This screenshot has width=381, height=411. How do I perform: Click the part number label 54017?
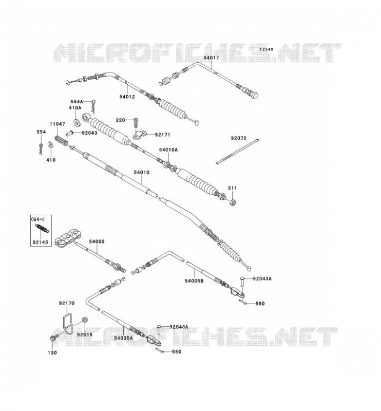pyautogui.click(x=211, y=58)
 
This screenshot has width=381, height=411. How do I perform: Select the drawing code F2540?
pyautogui.click(x=266, y=49)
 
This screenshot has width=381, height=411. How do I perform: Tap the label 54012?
pyautogui.click(x=127, y=97)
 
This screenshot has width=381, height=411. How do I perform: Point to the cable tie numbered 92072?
pyautogui.click(x=238, y=151)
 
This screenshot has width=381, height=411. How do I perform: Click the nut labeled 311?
pyautogui.click(x=233, y=202)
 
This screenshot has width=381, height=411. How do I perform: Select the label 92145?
pyautogui.click(x=41, y=242)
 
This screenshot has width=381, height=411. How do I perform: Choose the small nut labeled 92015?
pyautogui.click(x=85, y=320)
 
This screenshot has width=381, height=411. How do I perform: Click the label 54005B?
pyautogui.click(x=194, y=281)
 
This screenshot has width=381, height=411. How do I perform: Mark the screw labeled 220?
pyautogui.click(x=136, y=123)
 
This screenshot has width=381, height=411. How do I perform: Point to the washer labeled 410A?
pyautogui.click(x=78, y=122)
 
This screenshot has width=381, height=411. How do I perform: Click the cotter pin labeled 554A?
pyautogui.click(x=93, y=105)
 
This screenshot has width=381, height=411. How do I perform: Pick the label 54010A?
pyautogui.click(x=168, y=150)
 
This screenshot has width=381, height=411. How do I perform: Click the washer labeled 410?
pyautogui.click(x=50, y=145)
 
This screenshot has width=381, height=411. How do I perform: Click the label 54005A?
pyautogui.click(x=123, y=338)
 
